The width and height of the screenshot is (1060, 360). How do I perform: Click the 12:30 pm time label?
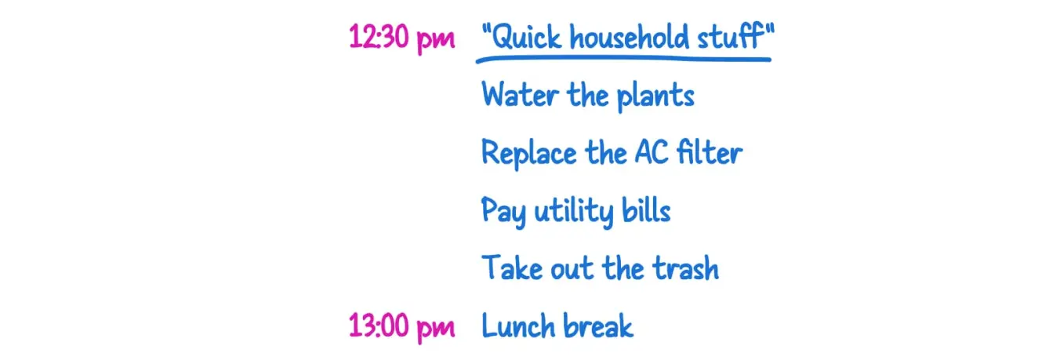(401, 37)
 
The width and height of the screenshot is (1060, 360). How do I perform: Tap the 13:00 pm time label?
(401, 326)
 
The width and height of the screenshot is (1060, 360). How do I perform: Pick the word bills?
(644, 210)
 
